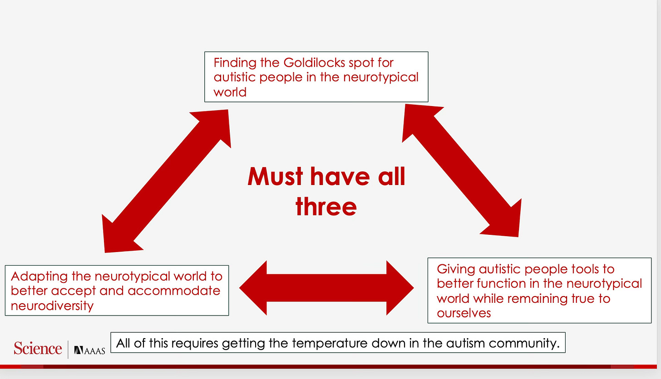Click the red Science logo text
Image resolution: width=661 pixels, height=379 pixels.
pos(38,349)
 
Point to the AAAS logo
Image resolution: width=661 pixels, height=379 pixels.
pos(89,350)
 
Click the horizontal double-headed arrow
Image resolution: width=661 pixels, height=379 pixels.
pos(326,287)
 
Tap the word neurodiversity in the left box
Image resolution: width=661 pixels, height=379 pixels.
pos(52,306)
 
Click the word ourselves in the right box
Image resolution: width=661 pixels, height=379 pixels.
pos(464,313)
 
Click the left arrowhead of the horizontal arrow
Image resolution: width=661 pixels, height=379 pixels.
pos(252,287)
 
